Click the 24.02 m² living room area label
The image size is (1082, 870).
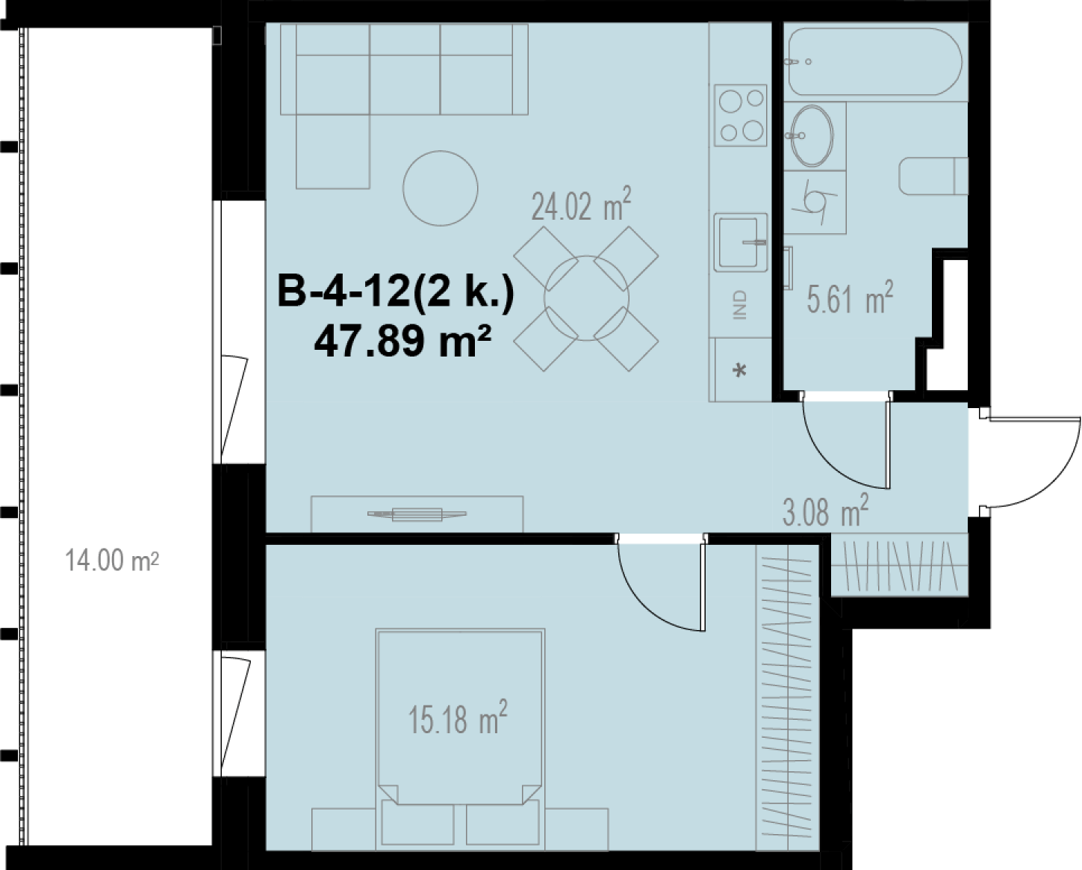click(581, 204)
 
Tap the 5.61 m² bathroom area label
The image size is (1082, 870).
click(851, 297)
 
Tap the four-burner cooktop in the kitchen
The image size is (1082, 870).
click(741, 115)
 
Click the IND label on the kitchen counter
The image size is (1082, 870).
click(741, 305)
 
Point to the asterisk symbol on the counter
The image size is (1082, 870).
click(740, 371)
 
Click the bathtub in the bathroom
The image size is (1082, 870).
click(875, 61)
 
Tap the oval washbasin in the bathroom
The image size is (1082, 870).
click(812, 135)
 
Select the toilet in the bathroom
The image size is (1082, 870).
click(933, 176)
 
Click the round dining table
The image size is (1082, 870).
click(586, 298)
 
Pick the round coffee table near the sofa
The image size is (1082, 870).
click(440, 188)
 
